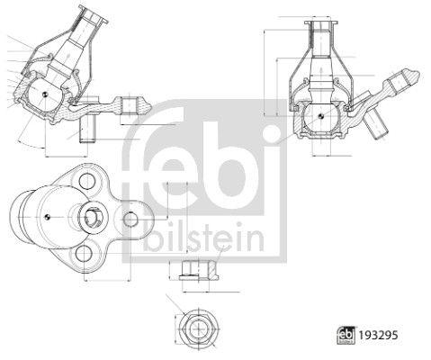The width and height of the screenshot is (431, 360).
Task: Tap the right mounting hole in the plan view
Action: [x=130, y=216]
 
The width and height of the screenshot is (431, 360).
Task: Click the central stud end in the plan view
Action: [x=93, y=216]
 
